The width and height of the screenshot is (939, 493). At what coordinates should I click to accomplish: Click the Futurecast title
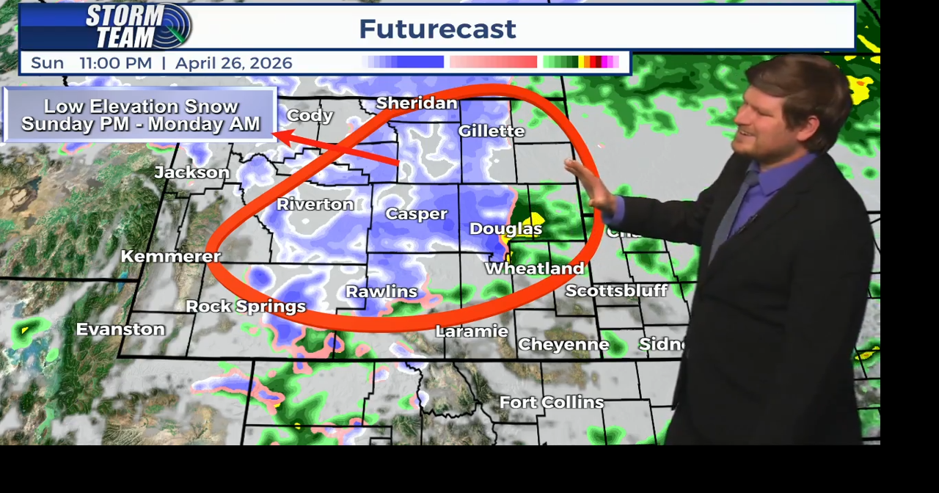(437, 29)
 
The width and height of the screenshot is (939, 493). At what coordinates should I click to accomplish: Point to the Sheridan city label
(417, 103)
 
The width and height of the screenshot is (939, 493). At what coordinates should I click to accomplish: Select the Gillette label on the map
(492, 131)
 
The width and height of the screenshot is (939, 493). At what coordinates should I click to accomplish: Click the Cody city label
(310, 116)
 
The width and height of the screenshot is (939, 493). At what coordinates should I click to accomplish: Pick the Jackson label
(192, 172)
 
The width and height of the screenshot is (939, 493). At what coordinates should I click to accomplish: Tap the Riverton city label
(315, 205)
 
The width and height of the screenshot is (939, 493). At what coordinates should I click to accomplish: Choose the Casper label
(416, 214)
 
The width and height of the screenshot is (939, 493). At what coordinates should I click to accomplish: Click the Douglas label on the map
(505, 229)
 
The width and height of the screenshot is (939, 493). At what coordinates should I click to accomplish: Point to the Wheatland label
(535, 269)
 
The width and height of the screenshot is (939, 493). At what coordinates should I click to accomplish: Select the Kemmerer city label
(171, 257)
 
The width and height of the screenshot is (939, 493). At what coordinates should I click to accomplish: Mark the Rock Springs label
(246, 307)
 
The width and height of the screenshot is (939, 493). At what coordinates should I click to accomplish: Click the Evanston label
(120, 329)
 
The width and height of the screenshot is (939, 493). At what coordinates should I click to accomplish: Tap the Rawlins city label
(381, 292)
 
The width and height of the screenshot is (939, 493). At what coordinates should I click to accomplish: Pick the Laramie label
(472, 332)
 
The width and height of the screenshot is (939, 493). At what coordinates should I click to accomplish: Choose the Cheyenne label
(563, 345)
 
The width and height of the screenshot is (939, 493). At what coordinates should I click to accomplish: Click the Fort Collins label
(552, 403)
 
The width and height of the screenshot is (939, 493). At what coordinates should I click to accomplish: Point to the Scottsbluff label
(616, 291)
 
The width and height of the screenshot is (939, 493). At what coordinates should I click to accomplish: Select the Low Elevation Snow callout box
(141, 115)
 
